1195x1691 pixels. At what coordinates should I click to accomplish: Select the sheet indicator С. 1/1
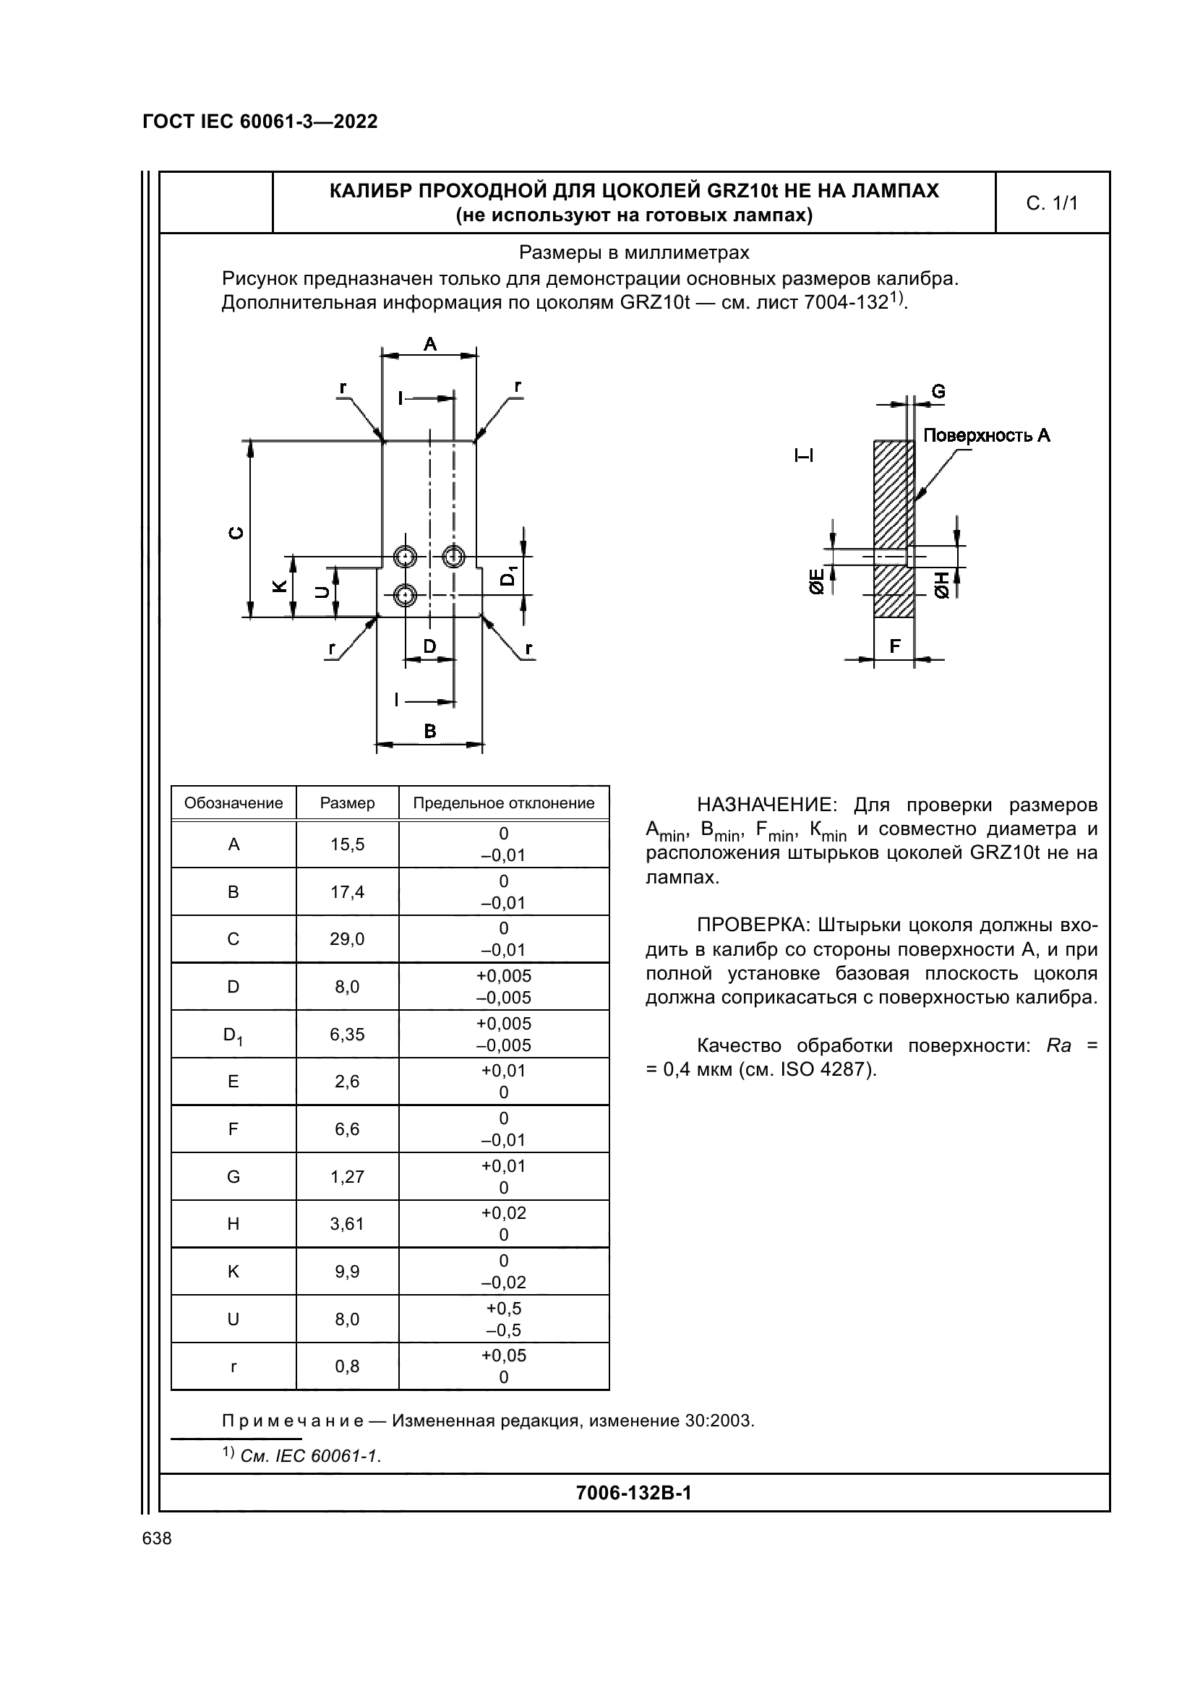[1051, 203]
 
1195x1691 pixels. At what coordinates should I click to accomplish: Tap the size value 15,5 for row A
[347, 844]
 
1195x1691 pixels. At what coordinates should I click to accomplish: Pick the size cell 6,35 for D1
[347, 1034]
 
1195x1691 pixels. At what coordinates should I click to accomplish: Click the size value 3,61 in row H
[347, 1224]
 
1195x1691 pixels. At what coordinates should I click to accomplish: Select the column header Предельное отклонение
[504, 802]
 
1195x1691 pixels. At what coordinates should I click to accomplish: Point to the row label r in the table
[234, 1367]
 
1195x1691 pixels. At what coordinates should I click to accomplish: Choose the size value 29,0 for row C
[347, 939]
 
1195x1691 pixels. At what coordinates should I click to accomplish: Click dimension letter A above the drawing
[430, 344]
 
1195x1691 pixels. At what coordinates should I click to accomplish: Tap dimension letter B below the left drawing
[430, 732]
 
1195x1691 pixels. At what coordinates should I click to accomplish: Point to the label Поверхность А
[986, 435]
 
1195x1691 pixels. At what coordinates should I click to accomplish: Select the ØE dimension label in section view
[815, 581]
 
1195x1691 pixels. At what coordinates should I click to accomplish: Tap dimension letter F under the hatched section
[894, 646]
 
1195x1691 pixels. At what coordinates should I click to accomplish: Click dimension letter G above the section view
[938, 392]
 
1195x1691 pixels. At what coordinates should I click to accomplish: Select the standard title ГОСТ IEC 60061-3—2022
[260, 121]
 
